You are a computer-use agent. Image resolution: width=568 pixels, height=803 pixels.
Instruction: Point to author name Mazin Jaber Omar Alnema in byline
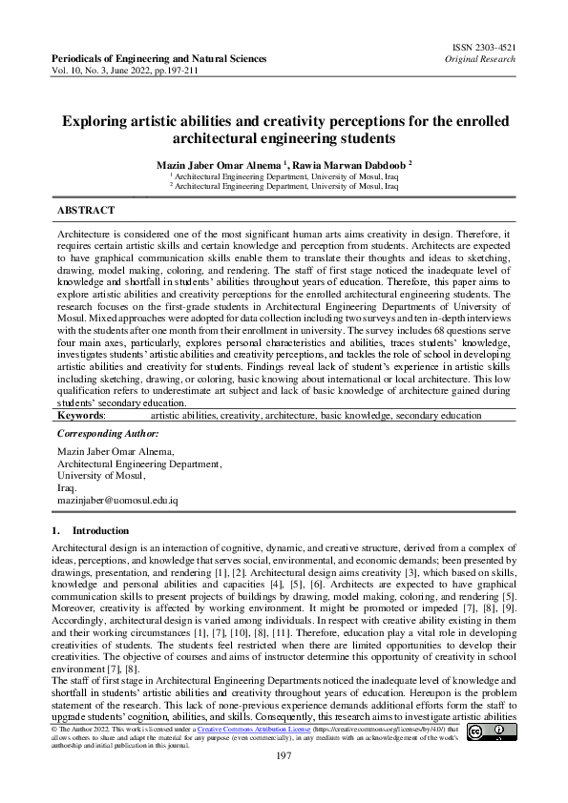click(x=216, y=165)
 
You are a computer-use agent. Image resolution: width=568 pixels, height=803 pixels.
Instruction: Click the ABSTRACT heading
click(x=86, y=210)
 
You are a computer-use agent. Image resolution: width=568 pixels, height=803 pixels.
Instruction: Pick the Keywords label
click(x=82, y=416)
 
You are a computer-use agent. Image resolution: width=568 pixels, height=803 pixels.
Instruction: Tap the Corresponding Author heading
click(x=108, y=434)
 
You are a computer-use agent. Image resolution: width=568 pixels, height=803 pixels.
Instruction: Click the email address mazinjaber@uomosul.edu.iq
click(x=117, y=500)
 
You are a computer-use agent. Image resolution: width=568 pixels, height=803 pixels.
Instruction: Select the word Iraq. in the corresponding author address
click(x=68, y=486)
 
